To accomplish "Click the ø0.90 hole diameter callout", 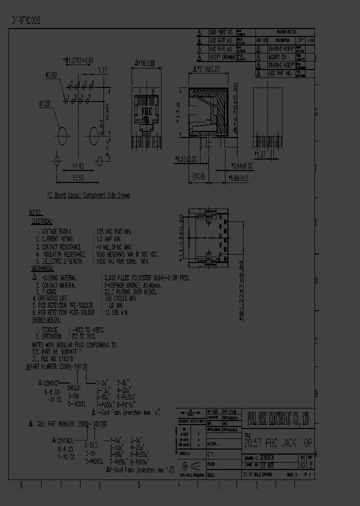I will tap(51, 75).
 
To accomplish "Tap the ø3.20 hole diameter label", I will tap(45, 104).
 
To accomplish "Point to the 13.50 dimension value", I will tap(77, 178).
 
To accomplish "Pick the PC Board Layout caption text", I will tap(88, 195).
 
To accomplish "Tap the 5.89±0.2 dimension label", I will tap(238, 177).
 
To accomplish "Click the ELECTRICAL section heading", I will tap(42, 220).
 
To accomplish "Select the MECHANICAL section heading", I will tap(43, 267).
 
